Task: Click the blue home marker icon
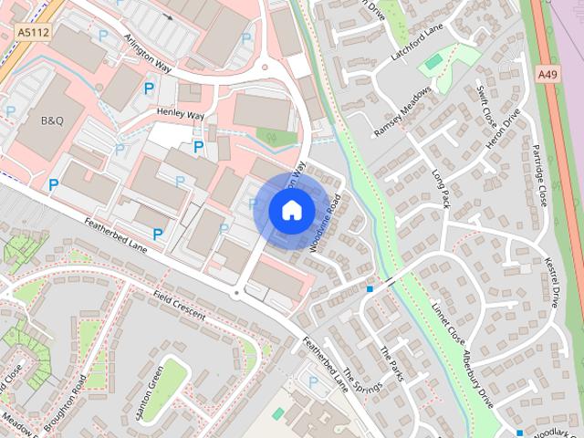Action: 290,211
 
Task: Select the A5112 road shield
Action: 31,32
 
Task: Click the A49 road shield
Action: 547,74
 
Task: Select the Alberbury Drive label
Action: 478,377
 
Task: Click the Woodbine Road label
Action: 325,224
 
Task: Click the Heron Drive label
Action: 502,130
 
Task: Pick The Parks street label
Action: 393,364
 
